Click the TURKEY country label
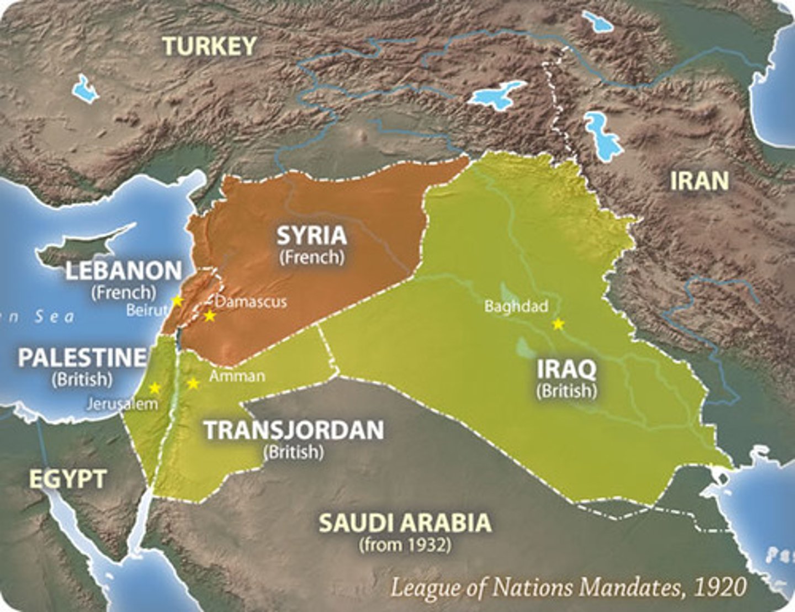(x=210, y=46)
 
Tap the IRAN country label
(x=699, y=181)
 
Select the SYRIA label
(x=312, y=235)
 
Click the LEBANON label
(x=124, y=271)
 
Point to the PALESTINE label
(x=82, y=358)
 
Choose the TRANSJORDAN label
(x=294, y=430)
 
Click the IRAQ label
(x=567, y=369)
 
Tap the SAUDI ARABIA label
(x=405, y=523)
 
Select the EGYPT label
(x=67, y=479)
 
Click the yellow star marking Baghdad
(x=558, y=324)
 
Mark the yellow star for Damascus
(x=209, y=316)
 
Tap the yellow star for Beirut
(x=177, y=301)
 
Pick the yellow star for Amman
(x=193, y=383)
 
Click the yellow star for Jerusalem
(x=155, y=388)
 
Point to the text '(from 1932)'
(x=405, y=545)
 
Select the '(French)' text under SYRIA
(x=312, y=257)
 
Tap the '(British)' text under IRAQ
(x=567, y=391)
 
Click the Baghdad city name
(x=516, y=306)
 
